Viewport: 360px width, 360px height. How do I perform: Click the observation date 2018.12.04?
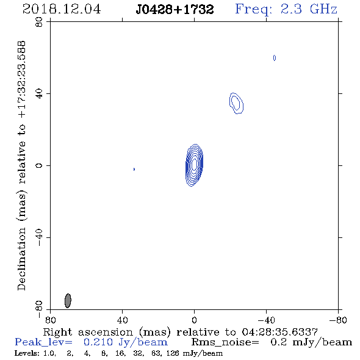coord(62,9)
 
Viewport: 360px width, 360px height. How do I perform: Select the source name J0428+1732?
coord(175,9)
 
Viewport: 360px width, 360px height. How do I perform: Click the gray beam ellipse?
coord(68,301)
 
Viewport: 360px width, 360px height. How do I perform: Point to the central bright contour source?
coord(194,165)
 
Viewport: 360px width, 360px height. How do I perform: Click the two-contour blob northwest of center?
coord(236,103)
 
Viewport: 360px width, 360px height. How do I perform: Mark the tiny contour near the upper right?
coord(275,58)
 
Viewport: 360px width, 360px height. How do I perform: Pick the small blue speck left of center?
coord(134,169)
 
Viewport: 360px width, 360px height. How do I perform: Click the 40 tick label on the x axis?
coord(122,320)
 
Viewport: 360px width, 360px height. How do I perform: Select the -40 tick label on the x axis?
coord(267,320)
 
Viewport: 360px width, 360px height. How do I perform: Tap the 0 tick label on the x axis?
coord(194,320)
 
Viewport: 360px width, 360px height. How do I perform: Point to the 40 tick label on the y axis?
coord(39,94)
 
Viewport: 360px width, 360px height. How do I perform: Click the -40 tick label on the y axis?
coord(39,237)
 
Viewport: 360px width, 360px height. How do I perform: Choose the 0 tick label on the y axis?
coord(39,165)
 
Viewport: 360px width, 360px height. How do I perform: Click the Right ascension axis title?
coord(180,332)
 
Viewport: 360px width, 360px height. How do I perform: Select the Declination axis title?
coord(21,165)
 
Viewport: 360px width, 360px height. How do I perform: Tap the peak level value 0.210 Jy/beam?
coord(126,342)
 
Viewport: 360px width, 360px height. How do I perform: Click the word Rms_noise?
coord(225,342)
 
